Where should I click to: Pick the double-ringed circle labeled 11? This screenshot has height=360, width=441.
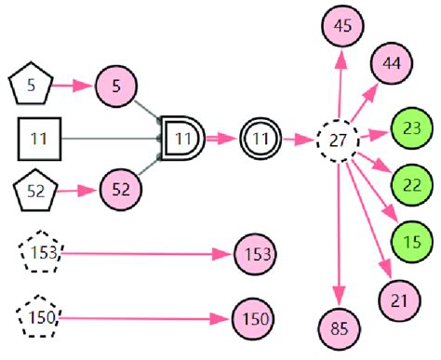(x=261, y=140)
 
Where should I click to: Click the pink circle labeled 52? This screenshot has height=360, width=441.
(x=119, y=190)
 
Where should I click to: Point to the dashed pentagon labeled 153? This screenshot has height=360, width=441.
(x=41, y=252)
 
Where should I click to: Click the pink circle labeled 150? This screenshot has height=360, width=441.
(x=253, y=318)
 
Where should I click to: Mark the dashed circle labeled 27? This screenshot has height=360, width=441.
(x=338, y=142)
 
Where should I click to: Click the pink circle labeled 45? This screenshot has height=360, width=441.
(x=341, y=26)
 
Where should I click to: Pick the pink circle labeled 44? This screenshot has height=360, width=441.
(x=392, y=64)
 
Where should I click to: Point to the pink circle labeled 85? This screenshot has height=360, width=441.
(x=341, y=327)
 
